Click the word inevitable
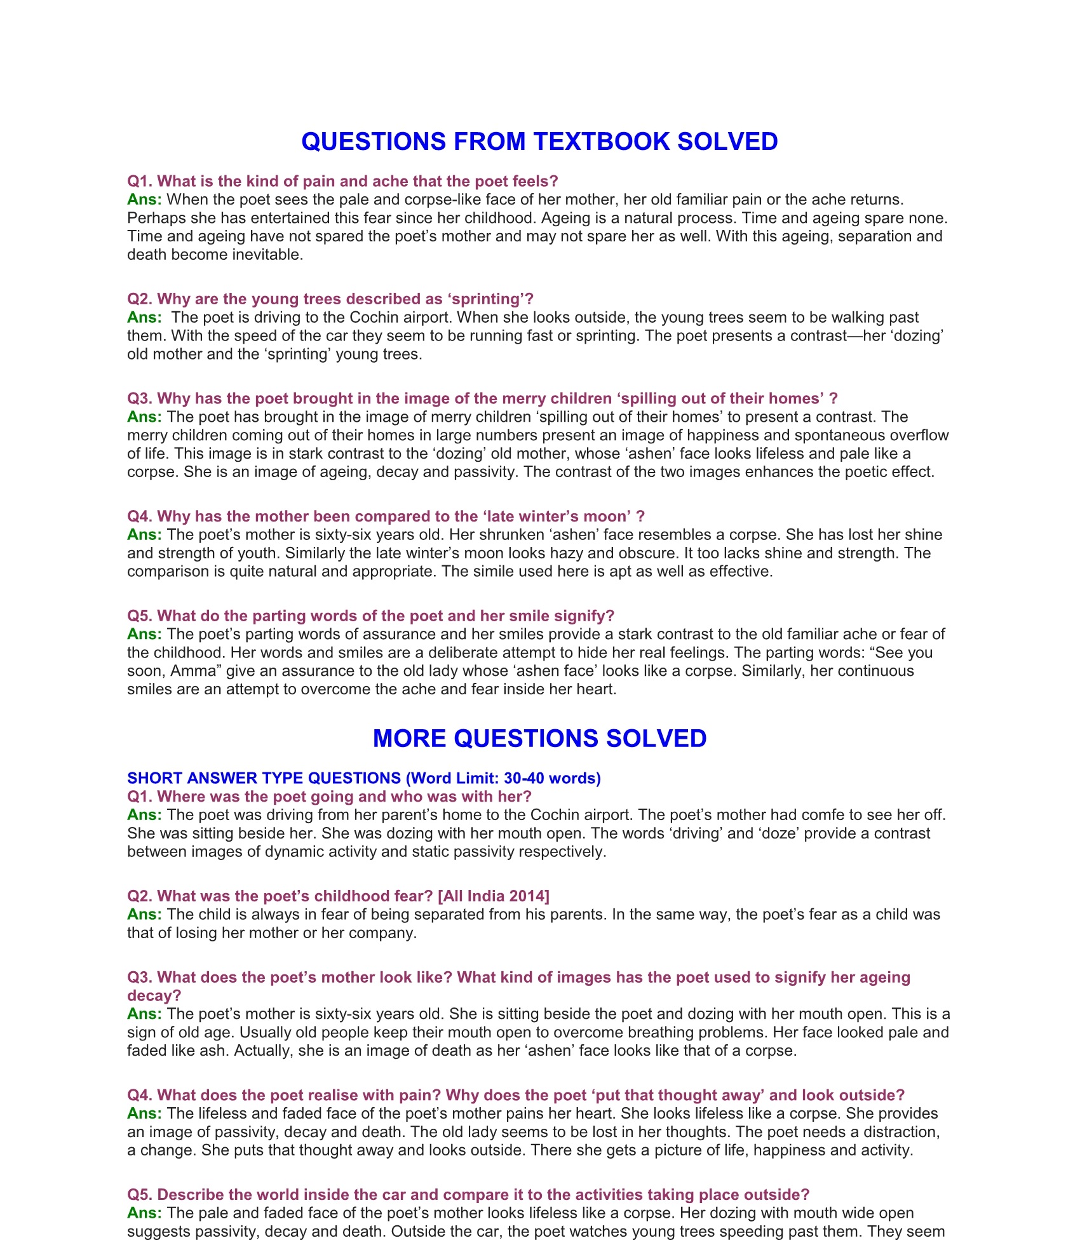pyautogui.click(x=268, y=255)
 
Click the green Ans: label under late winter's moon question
pyautogui.click(x=144, y=535)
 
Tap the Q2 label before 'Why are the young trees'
pyautogui.click(x=139, y=299)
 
